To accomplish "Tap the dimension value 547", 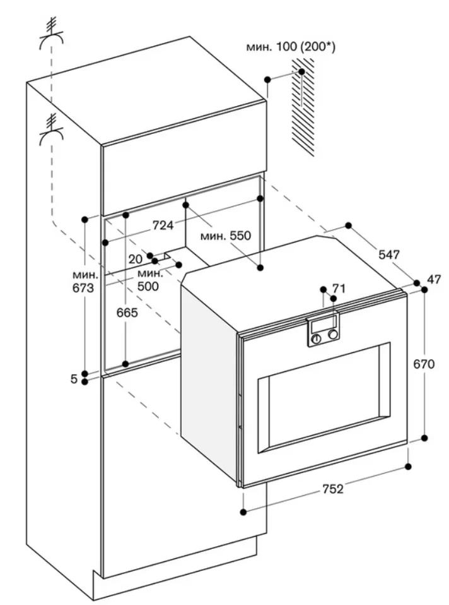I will pyautogui.click(x=389, y=255).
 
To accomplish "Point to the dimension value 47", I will pyautogui.click(x=433, y=279).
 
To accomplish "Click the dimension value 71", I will pyautogui.click(x=339, y=289).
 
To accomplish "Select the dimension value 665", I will pyautogui.click(x=127, y=312).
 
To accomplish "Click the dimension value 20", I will pyautogui.click(x=136, y=259).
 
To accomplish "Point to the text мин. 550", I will pyautogui.click(x=225, y=236).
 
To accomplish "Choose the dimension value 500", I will pyautogui.click(x=148, y=285).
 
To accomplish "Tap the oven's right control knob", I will pyautogui.click(x=333, y=335).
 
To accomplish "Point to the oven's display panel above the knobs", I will pyautogui.click(x=323, y=325).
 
